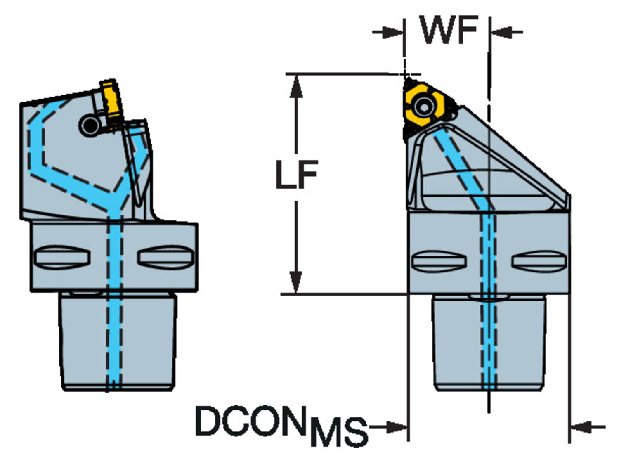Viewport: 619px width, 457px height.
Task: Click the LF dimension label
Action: (x=297, y=174)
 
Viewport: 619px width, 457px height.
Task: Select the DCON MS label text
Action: (x=281, y=425)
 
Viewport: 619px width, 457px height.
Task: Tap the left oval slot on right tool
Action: (x=439, y=261)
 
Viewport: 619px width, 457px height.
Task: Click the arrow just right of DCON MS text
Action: (x=394, y=427)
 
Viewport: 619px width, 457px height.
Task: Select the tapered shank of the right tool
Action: (x=458, y=343)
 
